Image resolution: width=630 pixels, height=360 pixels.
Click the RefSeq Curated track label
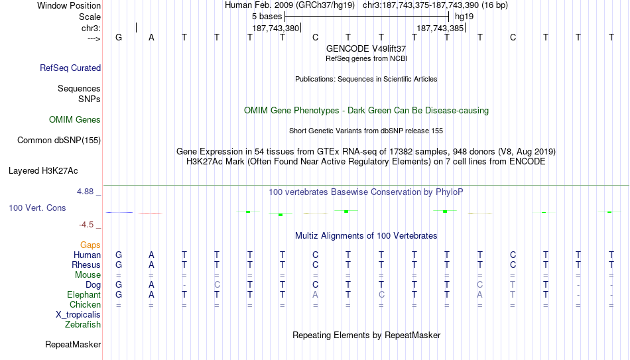pos(70,68)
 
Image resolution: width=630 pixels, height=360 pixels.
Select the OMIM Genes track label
pos(75,120)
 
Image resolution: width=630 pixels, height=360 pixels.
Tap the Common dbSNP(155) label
pos(59,141)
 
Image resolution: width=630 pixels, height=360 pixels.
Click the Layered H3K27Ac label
pos(43,171)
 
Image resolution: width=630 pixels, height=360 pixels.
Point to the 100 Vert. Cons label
pos(37,208)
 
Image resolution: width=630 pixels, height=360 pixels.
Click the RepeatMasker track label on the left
pos(73,344)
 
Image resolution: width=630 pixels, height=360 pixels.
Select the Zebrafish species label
pos(83,324)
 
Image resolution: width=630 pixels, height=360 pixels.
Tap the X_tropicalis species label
pos(78,315)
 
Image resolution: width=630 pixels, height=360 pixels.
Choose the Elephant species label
pos(84,294)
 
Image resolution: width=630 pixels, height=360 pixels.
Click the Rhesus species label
pos(86,265)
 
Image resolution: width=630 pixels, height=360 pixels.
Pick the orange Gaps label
pos(90,245)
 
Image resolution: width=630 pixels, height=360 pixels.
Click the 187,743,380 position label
pos(276,29)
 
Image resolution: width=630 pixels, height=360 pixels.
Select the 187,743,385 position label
pos(440,29)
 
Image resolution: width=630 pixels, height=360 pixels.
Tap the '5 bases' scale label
pos(267,17)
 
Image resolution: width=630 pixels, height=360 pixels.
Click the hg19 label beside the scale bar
pos(464,17)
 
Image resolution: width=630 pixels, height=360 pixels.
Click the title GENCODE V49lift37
pos(366,48)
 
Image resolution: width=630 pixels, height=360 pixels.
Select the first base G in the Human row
pos(119,255)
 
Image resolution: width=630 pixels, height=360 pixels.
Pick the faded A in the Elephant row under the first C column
pos(316,294)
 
